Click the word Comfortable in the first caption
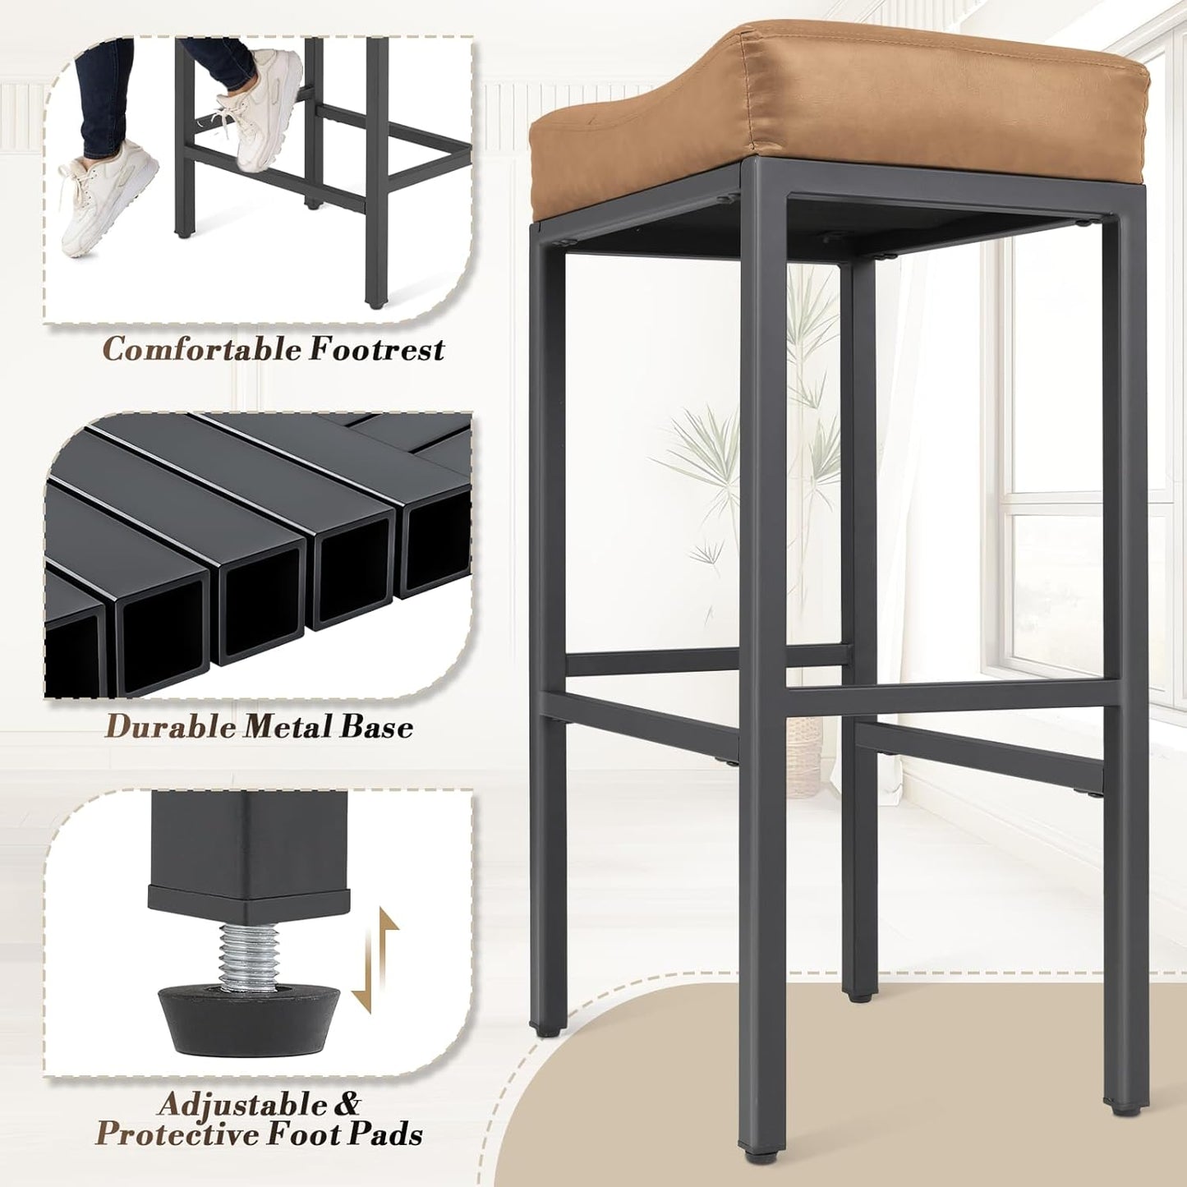[x=201, y=350]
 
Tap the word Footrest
[x=376, y=350]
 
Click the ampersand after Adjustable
[x=343, y=1103]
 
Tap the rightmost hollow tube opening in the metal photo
[x=435, y=550]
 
